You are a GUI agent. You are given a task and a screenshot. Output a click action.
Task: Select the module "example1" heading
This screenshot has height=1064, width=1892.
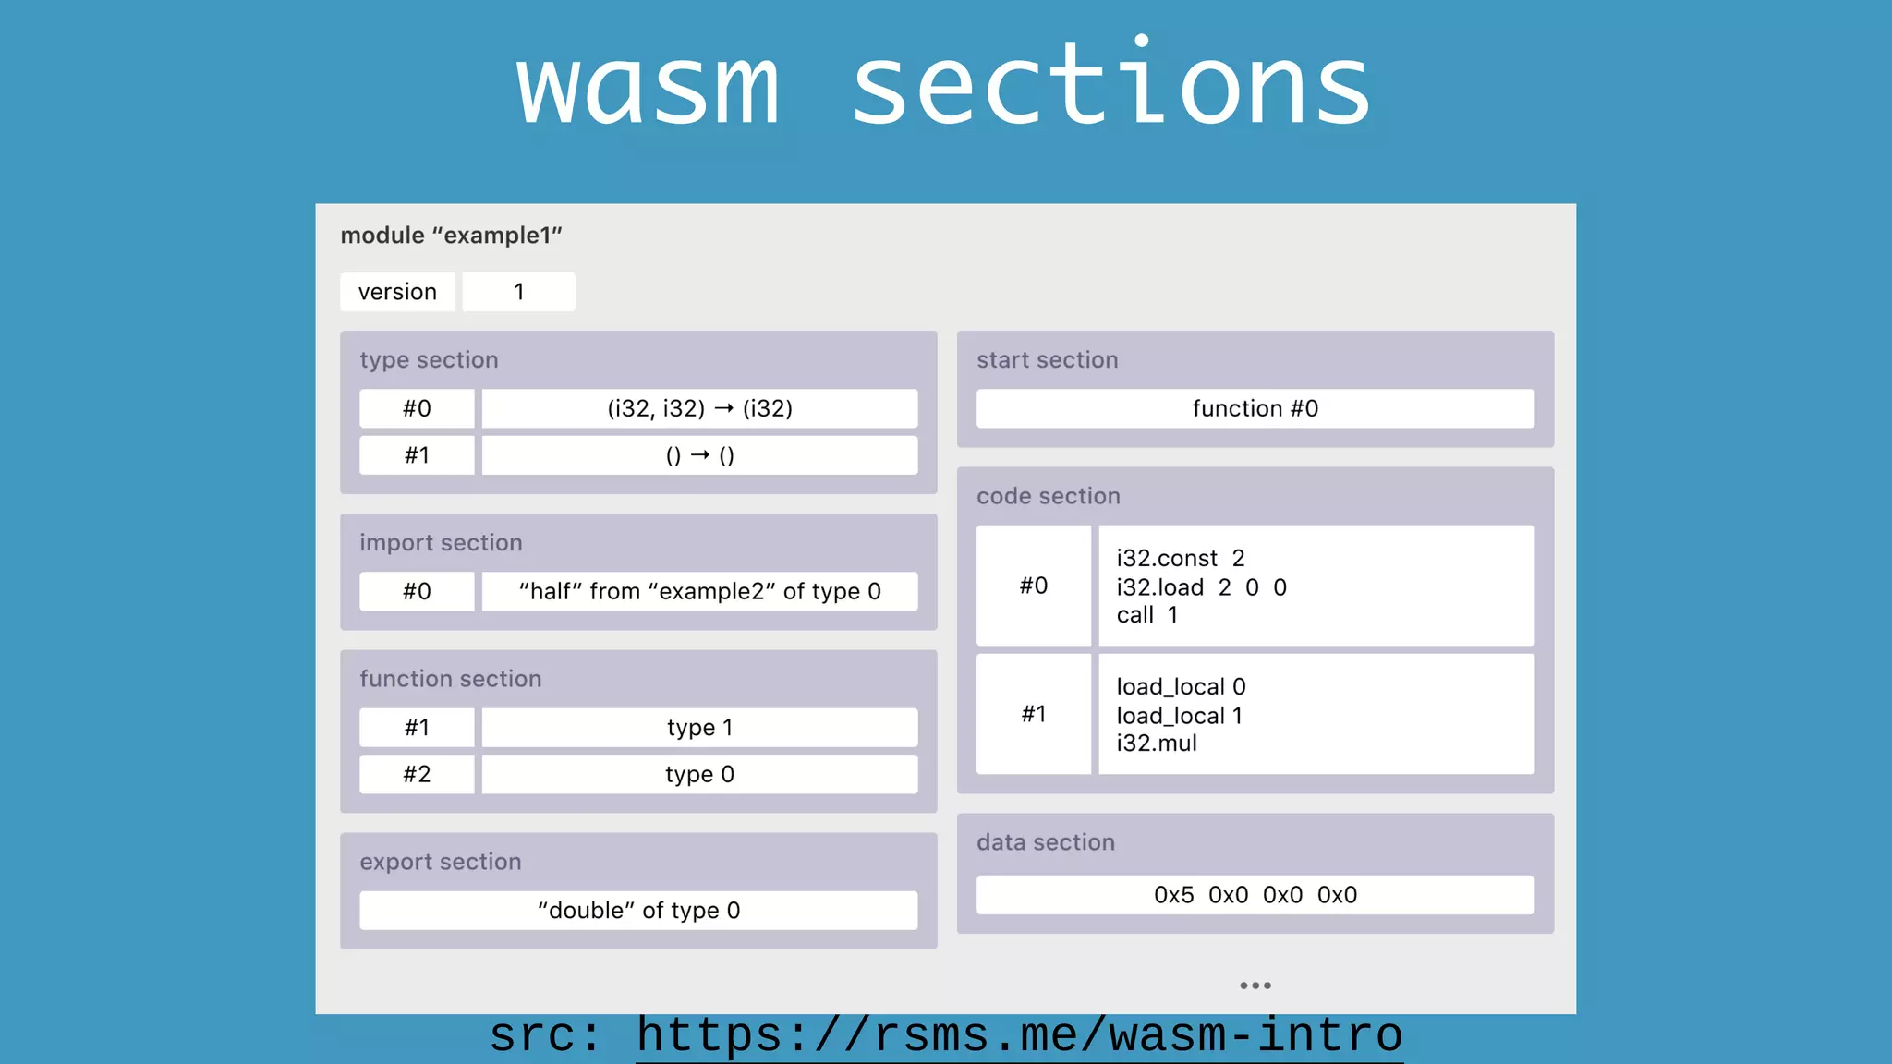click(451, 236)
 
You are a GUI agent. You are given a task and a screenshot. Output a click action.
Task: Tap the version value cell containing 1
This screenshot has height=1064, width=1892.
click(518, 292)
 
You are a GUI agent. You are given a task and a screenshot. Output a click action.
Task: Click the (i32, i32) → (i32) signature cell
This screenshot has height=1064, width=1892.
click(699, 408)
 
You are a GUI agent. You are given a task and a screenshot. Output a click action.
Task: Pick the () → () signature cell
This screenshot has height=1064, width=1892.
click(699, 455)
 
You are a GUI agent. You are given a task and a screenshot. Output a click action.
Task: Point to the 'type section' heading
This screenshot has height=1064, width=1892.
click(429, 360)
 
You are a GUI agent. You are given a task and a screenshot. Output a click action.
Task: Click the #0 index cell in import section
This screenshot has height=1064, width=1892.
click(417, 591)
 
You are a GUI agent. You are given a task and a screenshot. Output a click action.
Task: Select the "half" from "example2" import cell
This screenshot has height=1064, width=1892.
click(699, 591)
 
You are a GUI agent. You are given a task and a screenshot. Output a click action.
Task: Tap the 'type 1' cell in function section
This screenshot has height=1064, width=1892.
click(699, 728)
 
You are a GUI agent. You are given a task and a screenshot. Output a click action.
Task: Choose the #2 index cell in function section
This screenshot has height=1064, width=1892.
click(417, 774)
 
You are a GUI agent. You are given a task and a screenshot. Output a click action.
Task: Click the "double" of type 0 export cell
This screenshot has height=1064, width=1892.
click(638, 911)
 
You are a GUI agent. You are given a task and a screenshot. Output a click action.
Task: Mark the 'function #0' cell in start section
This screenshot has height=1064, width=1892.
click(1255, 408)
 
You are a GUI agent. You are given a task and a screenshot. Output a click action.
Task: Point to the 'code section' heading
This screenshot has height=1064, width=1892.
click(1048, 496)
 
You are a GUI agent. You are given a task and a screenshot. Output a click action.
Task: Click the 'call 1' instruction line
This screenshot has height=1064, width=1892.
click(1146, 615)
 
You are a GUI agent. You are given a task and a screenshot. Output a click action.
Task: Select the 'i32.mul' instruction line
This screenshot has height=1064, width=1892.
click(1156, 744)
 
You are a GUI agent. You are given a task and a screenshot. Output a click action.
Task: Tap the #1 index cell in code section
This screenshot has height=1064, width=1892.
click(1033, 714)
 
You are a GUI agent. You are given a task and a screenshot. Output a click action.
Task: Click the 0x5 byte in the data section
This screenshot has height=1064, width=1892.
click(1173, 895)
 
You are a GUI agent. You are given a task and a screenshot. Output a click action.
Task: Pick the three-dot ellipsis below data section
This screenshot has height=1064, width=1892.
click(1255, 985)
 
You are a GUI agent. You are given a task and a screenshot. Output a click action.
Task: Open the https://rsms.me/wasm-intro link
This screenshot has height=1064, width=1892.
click(1019, 1036)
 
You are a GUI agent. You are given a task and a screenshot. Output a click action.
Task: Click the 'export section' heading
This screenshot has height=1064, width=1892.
click(440, 862)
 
